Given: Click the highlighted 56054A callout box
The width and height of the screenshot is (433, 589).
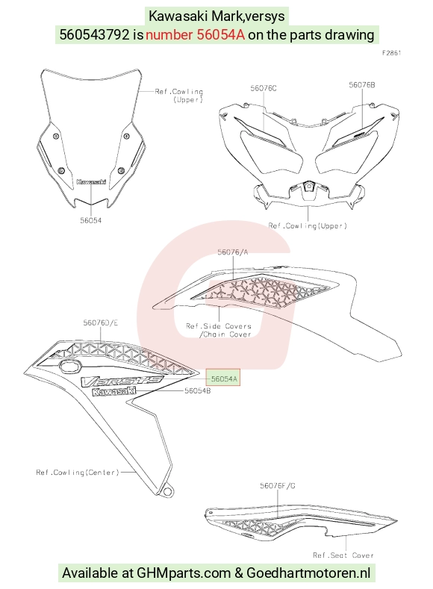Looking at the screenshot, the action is [x=223, y=378].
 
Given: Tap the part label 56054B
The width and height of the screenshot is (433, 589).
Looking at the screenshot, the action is [x=198, y=391].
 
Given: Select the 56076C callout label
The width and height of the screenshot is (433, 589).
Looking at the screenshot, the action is [x=264, y=88].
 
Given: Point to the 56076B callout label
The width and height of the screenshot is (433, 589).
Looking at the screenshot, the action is [x=361, y=85].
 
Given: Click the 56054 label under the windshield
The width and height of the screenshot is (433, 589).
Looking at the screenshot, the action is [x=91, y=220].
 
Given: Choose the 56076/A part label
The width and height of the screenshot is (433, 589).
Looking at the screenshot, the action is [x=233, y=252].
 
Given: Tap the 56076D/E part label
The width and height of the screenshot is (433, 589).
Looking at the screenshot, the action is [x=101, y=322].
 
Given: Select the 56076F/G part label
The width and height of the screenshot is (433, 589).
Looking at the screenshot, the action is [x=278, y=486].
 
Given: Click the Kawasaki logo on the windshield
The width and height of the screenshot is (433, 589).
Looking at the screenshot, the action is [x=91, y=182].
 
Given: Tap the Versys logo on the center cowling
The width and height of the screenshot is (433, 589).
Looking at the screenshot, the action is [x=122, y=381].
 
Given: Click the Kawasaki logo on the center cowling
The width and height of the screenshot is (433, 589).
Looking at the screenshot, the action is [x=113, y=392].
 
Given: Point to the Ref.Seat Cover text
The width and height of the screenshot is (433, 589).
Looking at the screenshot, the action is [x=343, y=555].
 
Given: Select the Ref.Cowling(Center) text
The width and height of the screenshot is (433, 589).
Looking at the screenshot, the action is [x=78, y=473].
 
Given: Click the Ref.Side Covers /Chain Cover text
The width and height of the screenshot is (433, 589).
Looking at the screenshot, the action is [x=219, y=330].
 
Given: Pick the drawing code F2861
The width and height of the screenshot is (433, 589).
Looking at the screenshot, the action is [x=392, y=53].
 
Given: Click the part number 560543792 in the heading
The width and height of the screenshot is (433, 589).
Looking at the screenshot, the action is [x=95, y=34].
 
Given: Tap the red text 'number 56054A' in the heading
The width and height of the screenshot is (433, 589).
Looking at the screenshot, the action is [x=195, y=34].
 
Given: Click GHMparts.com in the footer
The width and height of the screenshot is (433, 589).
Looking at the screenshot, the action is [x=184, y=573].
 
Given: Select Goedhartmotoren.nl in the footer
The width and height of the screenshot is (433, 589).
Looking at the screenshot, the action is [x=308, y=573].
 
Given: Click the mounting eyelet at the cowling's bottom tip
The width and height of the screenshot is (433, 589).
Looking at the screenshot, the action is [x=167, y=491].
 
